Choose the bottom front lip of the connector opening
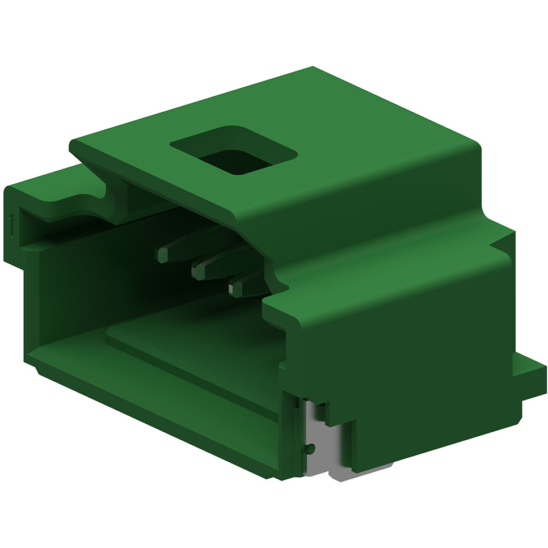153,397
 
